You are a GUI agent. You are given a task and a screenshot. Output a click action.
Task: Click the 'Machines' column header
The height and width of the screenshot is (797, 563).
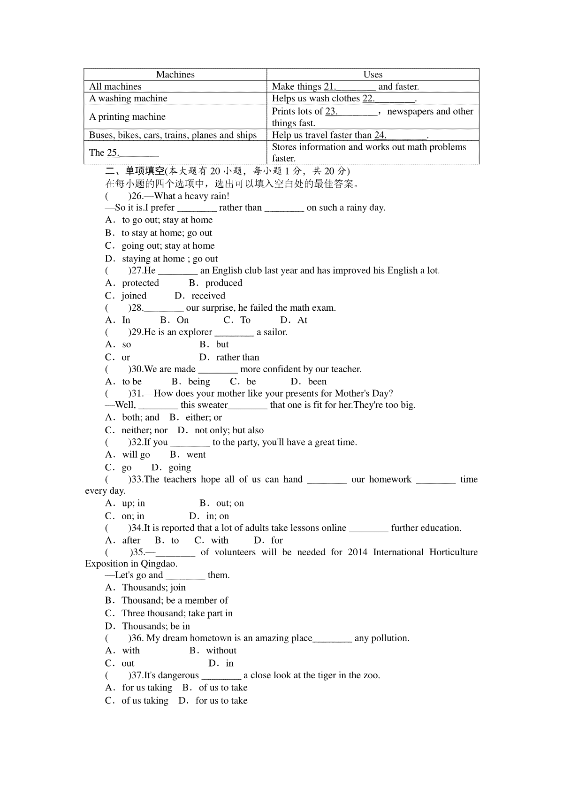tap(175, 75)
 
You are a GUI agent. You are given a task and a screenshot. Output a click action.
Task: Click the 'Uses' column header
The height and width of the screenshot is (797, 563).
tap(373, 75)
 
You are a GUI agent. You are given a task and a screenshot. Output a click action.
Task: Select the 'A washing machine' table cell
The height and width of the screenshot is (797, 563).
tap(128, 98)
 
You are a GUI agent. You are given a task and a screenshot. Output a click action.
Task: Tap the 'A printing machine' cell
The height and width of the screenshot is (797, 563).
tap(127, 117)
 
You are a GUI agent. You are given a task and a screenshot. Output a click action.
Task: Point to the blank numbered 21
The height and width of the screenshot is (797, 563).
tap(350, 87)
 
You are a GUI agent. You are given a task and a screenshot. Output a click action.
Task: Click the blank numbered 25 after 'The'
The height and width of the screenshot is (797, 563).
tap(133, 153)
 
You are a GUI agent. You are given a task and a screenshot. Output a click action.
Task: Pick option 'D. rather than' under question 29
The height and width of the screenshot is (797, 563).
tap(229, 357)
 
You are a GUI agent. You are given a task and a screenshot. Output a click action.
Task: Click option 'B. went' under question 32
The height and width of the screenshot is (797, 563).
tap(188, 454)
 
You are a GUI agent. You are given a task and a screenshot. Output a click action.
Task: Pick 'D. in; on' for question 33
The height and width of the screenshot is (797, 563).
tap(209, 516)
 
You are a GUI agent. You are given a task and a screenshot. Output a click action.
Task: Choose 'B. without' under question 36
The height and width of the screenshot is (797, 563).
tap(213, 651)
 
